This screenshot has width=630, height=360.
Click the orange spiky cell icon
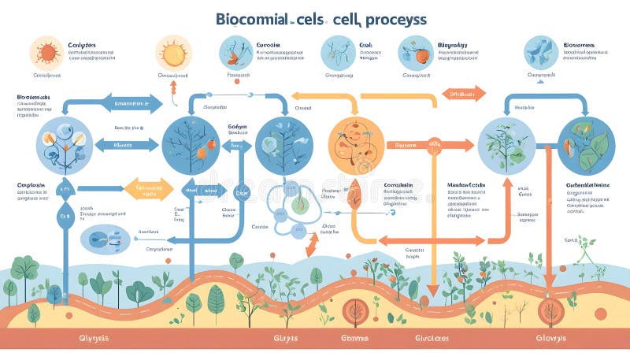coord(47,53)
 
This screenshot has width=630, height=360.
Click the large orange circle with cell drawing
coord(355,144)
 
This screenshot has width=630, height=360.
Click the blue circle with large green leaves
coord(587,144)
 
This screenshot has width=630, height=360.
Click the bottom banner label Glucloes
coord(432,338)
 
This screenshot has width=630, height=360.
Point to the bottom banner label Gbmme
coord(354,338)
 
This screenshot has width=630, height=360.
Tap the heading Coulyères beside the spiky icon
coord(82,46)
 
